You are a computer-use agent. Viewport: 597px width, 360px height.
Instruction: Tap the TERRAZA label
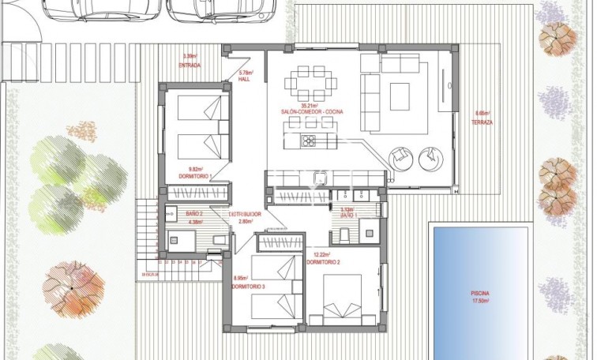pyautogui.click(x=482, y=123)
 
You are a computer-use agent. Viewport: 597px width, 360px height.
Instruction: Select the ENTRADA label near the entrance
pyautogui.click(x=190, y=65)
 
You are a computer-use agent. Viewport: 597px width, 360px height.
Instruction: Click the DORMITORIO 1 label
pyautogui.click(x=196, y=176)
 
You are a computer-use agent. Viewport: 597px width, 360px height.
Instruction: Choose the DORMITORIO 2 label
pyautogui.click(x=326, y=262)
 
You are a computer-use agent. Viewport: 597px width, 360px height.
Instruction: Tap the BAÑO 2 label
pyautogui.click(x=174, y=214)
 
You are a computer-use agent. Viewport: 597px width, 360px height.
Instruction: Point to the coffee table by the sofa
pyautogui.click(x=396, y=90)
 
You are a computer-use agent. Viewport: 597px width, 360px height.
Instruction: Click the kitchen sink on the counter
pyautogui.click(x=320, y=178)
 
